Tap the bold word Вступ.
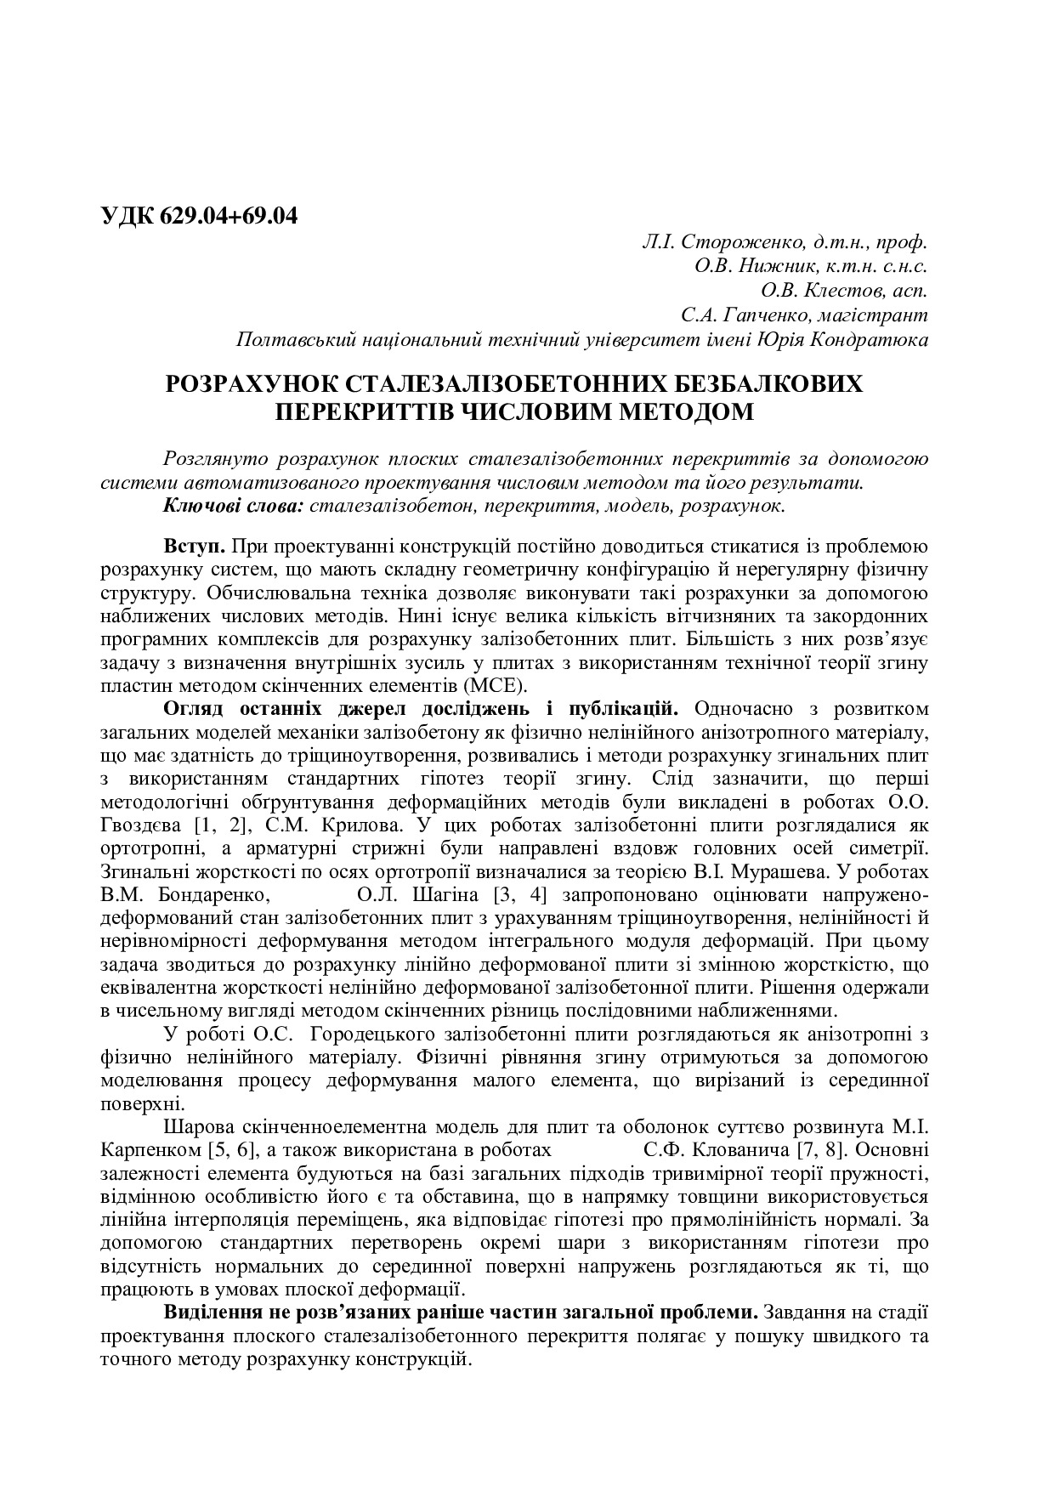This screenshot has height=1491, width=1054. [195, 545]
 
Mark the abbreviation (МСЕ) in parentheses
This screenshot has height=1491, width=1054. [501, 686]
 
